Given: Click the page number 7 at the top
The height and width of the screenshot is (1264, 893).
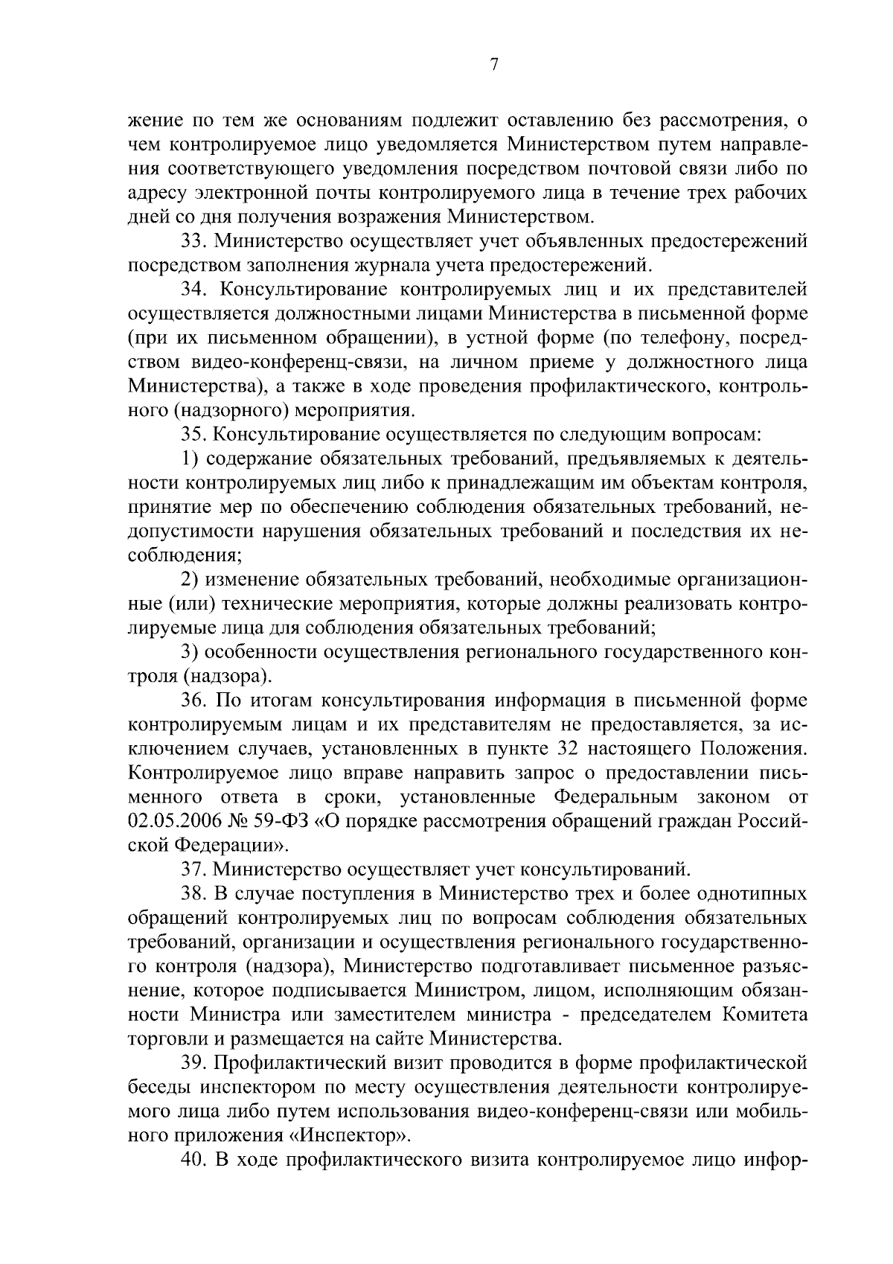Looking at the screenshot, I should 493,65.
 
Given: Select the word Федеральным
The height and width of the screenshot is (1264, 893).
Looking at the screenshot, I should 616,797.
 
